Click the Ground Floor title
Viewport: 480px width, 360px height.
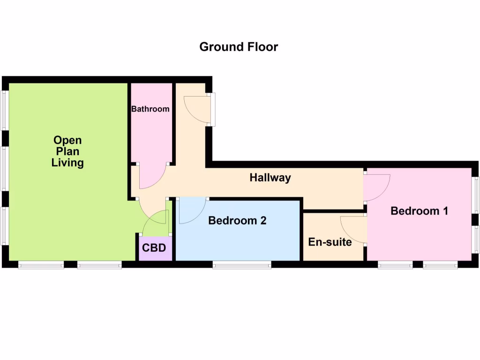[x=239, y=47]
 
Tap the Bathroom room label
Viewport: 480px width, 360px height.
[x=150, y=109]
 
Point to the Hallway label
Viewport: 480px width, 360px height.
[x=270, y=178]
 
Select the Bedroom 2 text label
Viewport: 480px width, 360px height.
[x=237, y=220]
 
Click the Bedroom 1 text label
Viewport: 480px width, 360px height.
[x=419, y=211]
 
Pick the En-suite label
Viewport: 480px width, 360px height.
[x=330, y=242]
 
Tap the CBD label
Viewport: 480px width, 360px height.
[x=154, y=247]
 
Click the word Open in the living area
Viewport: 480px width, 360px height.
[x=67, y=140]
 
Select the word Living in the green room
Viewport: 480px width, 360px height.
[x=67, y=163]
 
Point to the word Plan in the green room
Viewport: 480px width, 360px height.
[x=67, y=151]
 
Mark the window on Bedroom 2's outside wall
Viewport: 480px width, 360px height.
[x=242, y=266]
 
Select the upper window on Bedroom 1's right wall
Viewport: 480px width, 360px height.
[x=476, y=194]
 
